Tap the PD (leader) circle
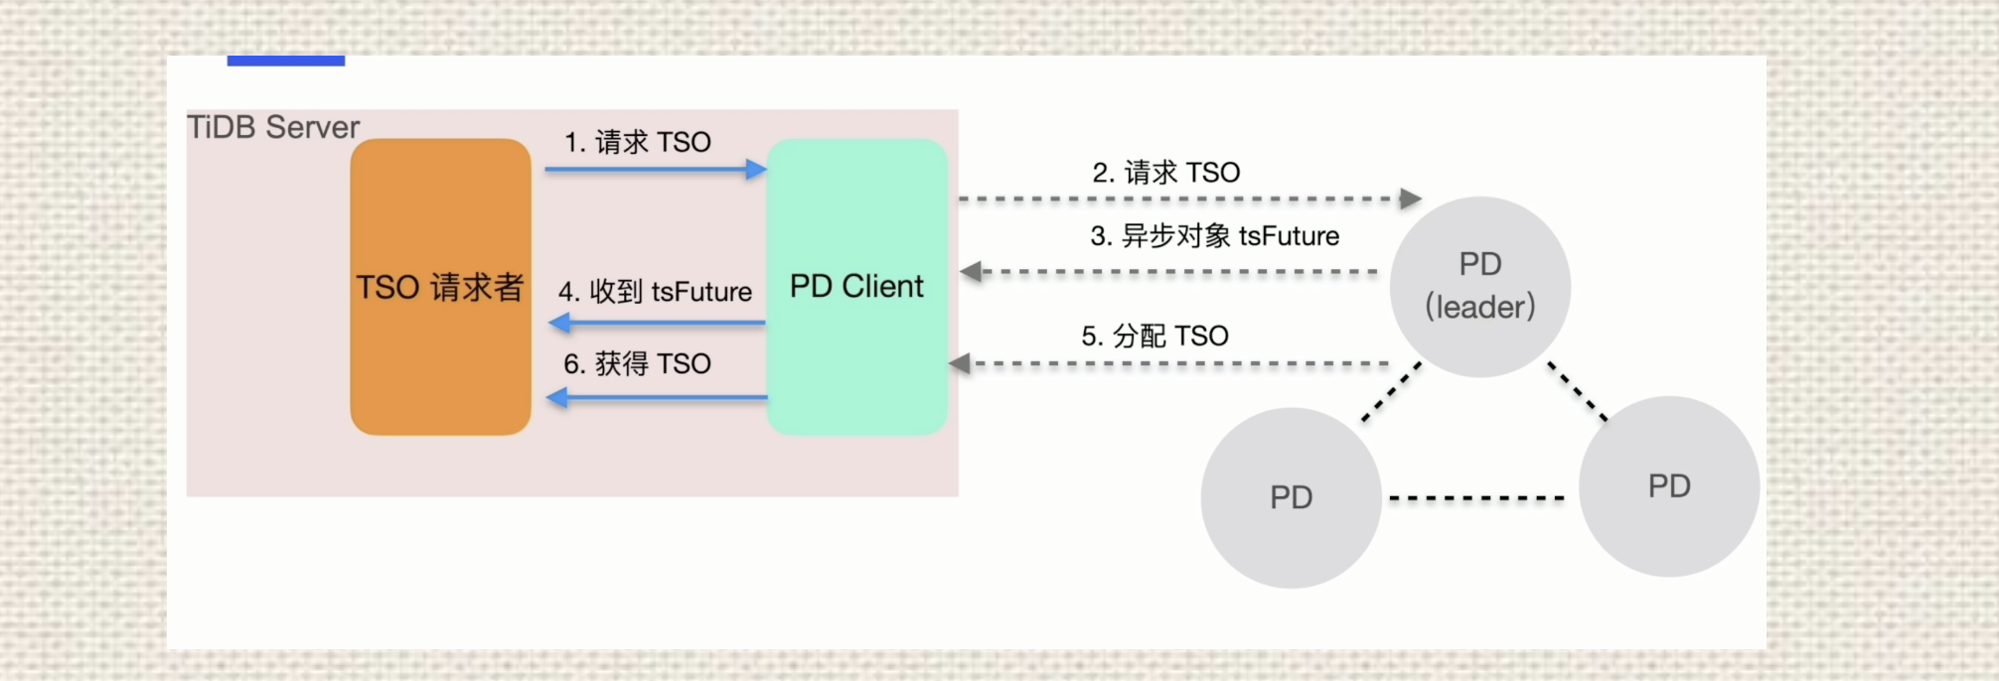pyautogui.click(x=1479, y=287)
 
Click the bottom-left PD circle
pyautogui.click(x=1291, y=497)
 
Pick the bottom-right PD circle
pyautogui.click(x=1669, y=486)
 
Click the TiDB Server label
pyautogui.click(x=273, y=127)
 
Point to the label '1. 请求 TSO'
pyautogui.click(x=638, y=142)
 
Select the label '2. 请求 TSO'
pyautogui.click(x=1166, y=173)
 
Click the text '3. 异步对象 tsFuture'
pyautogui.click(x=1214, y=236)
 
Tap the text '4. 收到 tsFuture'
pyautogui.click(x=656, y=292)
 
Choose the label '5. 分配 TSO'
pyautogui.click(x=1154, y=337)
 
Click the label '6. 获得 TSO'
pyautogui.click(x=638, y=364)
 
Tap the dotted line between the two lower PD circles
pyautogui.click(x=1476, y=498)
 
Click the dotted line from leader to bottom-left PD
pyautogui.click(x=1392, y=392)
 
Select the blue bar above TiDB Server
pyautogui.click(x=286, y=61)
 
